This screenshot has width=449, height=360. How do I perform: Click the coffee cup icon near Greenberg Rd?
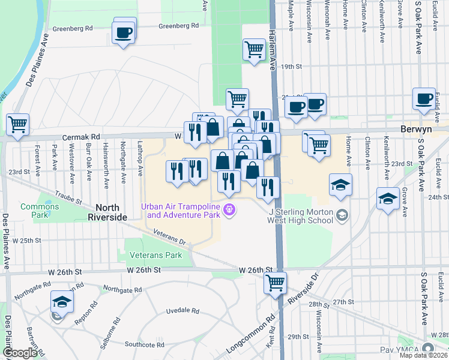[x=124, y=32]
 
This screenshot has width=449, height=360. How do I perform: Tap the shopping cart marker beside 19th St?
[x=255, y=49]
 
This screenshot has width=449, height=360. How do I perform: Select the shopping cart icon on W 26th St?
[x=275, y=283]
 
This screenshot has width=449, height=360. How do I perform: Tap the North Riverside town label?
[x=108, y=217]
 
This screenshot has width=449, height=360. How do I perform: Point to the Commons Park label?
[x=40, y=207]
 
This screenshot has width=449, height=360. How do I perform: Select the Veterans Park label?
[x=155, y=255]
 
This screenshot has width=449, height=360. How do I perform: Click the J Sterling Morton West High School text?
[x=301, y=215]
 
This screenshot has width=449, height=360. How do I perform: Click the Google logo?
[x=20, y=353]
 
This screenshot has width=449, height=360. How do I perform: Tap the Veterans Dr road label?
[x=170, y=236]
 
